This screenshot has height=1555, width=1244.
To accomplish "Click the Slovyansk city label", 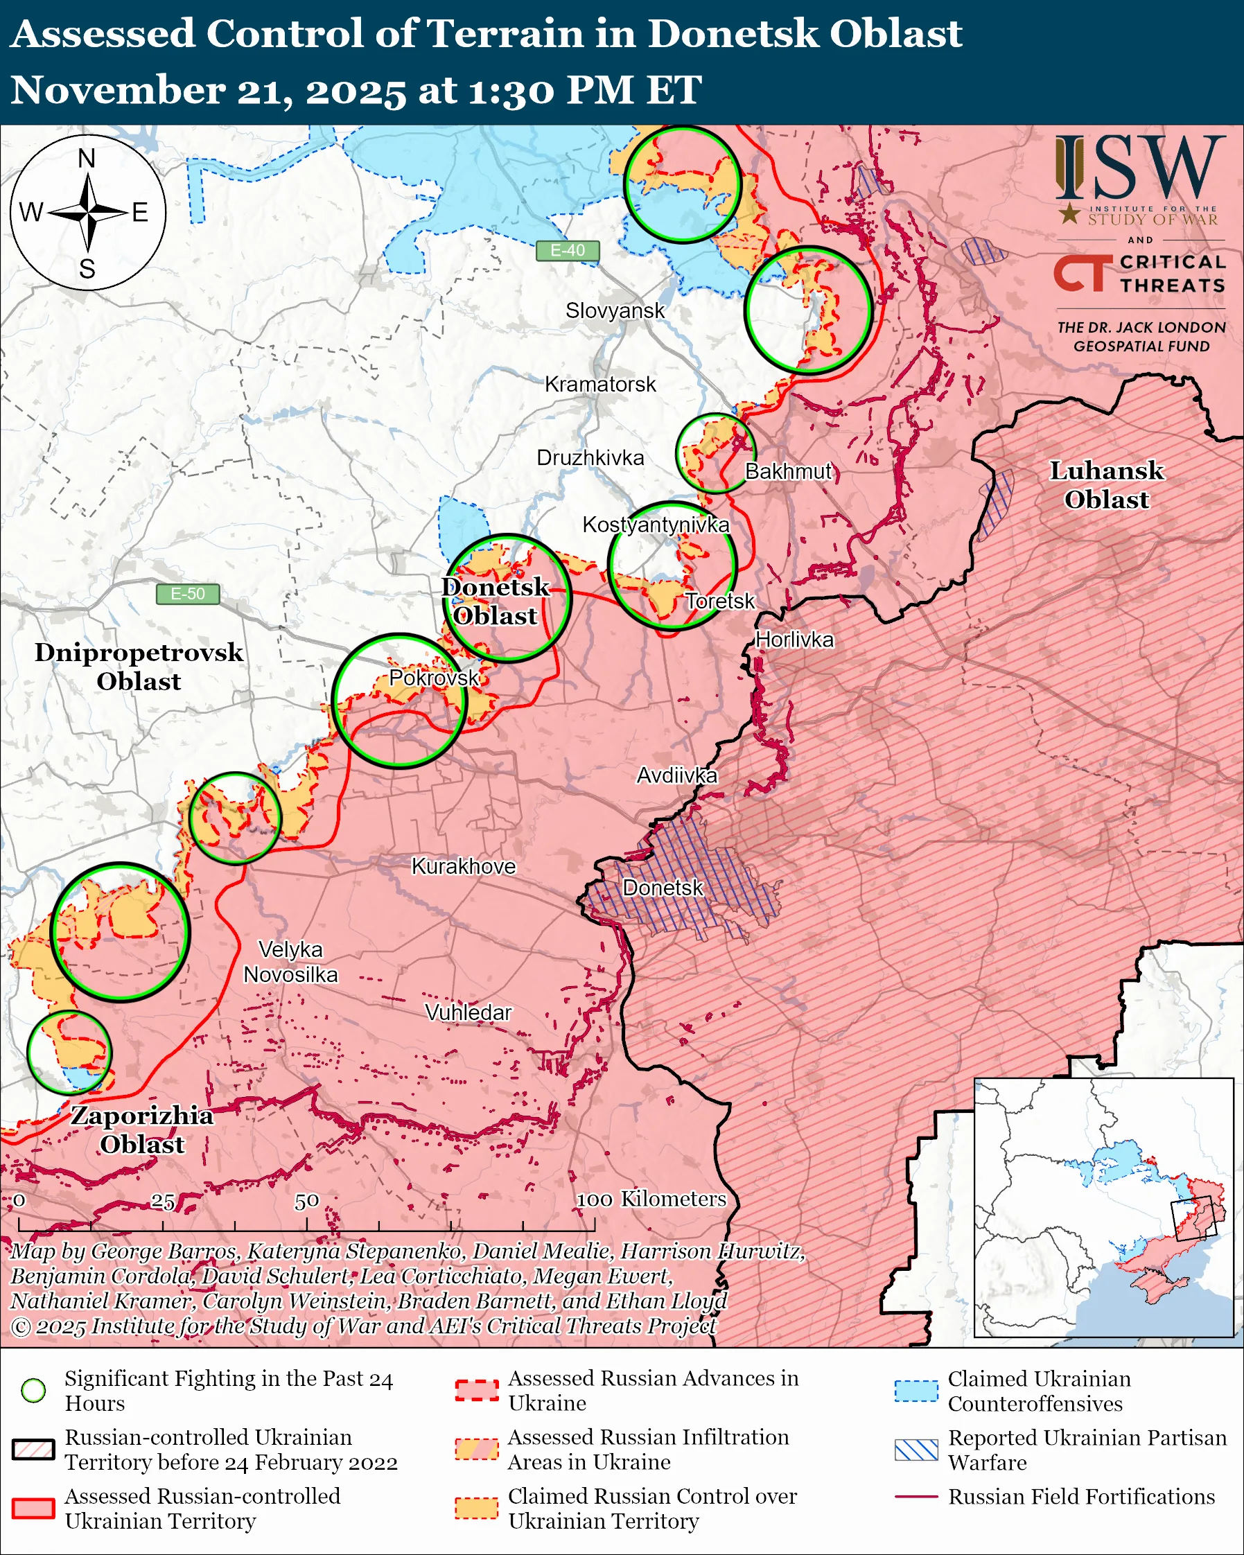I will [x=615, y=311].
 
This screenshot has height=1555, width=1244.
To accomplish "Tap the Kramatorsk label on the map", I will [x=600, y=385].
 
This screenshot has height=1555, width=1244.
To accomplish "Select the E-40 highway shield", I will [x=568, y=250].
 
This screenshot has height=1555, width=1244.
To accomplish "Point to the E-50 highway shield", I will [x=188, y=594].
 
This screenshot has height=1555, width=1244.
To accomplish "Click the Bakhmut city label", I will [x=788, y=472].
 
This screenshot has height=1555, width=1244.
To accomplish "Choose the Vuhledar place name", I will [x=468, y=1012].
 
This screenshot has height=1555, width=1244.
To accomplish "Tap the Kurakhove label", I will [x=464, y=866].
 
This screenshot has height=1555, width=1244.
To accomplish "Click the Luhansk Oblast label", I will [x=1106, y=484].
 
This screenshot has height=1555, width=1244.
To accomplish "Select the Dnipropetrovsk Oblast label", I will [x=139, y=667].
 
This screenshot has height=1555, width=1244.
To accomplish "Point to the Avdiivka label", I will [x=676, y=775].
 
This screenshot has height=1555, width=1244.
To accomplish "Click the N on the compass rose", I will [x=87, y=159].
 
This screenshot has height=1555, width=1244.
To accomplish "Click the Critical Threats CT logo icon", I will [x=1083, y=272].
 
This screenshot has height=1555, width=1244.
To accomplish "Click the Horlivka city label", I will [x=795, y=640].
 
